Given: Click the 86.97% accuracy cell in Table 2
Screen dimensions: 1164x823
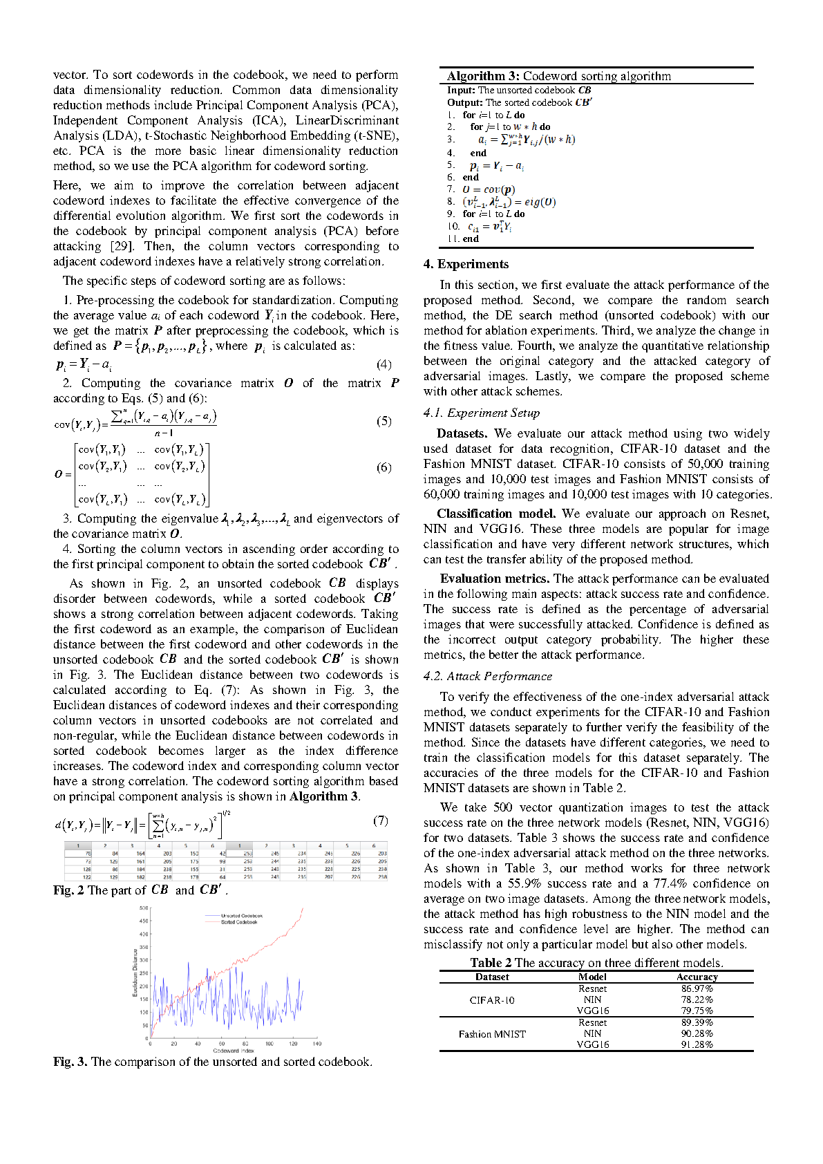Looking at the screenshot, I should coord(697,988).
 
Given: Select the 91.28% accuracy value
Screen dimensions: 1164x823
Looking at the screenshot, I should coord(697,1044).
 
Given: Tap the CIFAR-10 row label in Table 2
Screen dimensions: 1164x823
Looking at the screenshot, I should coord(492,1000).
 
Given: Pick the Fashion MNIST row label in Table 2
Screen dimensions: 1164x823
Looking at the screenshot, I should coord(492,1034).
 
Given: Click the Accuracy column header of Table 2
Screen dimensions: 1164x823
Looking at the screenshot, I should coord(697,977).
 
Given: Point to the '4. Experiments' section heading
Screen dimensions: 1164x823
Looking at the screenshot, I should coord(466,264).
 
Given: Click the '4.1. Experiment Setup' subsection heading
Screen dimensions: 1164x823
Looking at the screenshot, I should coord(482,413).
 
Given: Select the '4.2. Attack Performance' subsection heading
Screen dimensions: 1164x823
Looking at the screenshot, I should coord(488,676).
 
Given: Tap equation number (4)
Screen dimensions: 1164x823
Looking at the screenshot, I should coord(384,364).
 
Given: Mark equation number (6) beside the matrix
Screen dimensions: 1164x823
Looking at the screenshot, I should coord(384,467).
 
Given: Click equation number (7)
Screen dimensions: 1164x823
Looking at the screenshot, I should coord(380,820).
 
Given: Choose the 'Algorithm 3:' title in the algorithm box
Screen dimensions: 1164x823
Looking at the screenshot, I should coord(483,76).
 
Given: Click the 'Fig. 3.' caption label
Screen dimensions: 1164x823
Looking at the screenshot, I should coord(70,1062).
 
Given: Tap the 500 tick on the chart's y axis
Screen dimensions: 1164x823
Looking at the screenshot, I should coord(144,908).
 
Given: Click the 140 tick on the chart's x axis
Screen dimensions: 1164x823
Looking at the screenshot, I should coord(316,1044).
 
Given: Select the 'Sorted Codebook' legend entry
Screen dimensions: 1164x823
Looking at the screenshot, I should coord(239,922).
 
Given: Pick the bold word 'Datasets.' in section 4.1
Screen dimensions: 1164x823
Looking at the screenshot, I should coord(462,433).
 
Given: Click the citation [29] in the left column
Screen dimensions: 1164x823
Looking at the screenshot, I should coord(124,246).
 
